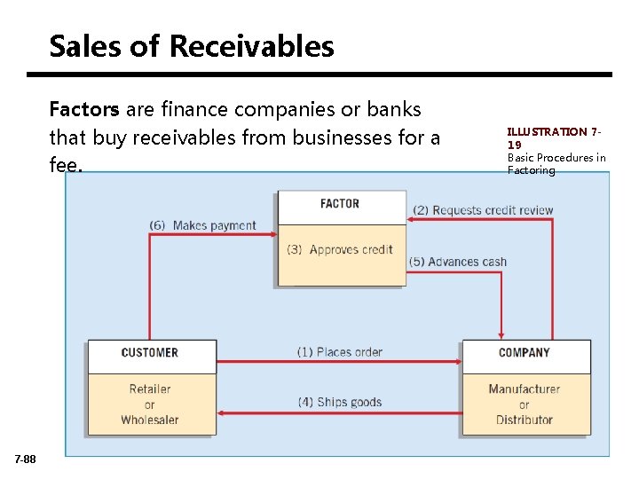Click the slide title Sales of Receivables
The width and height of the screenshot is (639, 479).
[192, 46]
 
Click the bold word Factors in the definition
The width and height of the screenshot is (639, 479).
[84, 110]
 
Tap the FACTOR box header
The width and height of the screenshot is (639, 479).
[340, 204]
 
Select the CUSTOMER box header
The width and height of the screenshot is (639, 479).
[149, 353]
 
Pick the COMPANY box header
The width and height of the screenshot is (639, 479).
[525, 353]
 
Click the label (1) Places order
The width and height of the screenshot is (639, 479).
[339, 352]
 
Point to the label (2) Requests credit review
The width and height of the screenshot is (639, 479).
[483, 210]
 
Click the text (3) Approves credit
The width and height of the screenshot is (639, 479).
[340, 249]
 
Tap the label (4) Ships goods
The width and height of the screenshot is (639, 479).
[340, 402]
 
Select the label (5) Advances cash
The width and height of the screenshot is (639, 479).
[458, 262]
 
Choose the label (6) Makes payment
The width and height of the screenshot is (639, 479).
[202, 225]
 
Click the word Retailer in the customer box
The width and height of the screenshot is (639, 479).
[150, 389]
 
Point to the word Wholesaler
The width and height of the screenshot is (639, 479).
[150, 420]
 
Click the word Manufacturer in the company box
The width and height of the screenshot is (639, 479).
[525, 389]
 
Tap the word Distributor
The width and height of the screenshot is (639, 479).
[525, 420]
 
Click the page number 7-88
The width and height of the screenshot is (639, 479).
[26, 459]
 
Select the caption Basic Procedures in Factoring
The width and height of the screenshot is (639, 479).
[556, 164]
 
